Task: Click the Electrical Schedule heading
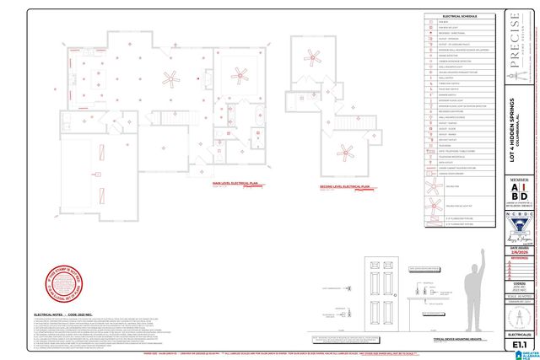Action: click(x=460, y=16)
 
